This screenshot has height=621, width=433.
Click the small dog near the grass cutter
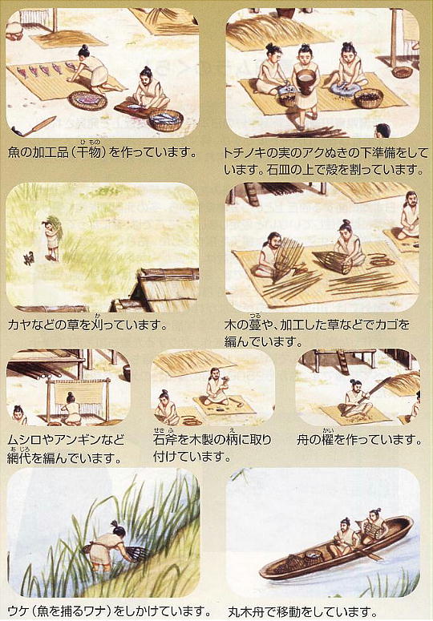(x=29, y=258)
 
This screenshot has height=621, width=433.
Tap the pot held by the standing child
(x=306, y=82)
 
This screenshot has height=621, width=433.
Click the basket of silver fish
(x=166, y=120)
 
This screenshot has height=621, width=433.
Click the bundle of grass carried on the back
(x=55, y=227)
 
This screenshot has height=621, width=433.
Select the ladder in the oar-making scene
(x=342, y=361)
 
